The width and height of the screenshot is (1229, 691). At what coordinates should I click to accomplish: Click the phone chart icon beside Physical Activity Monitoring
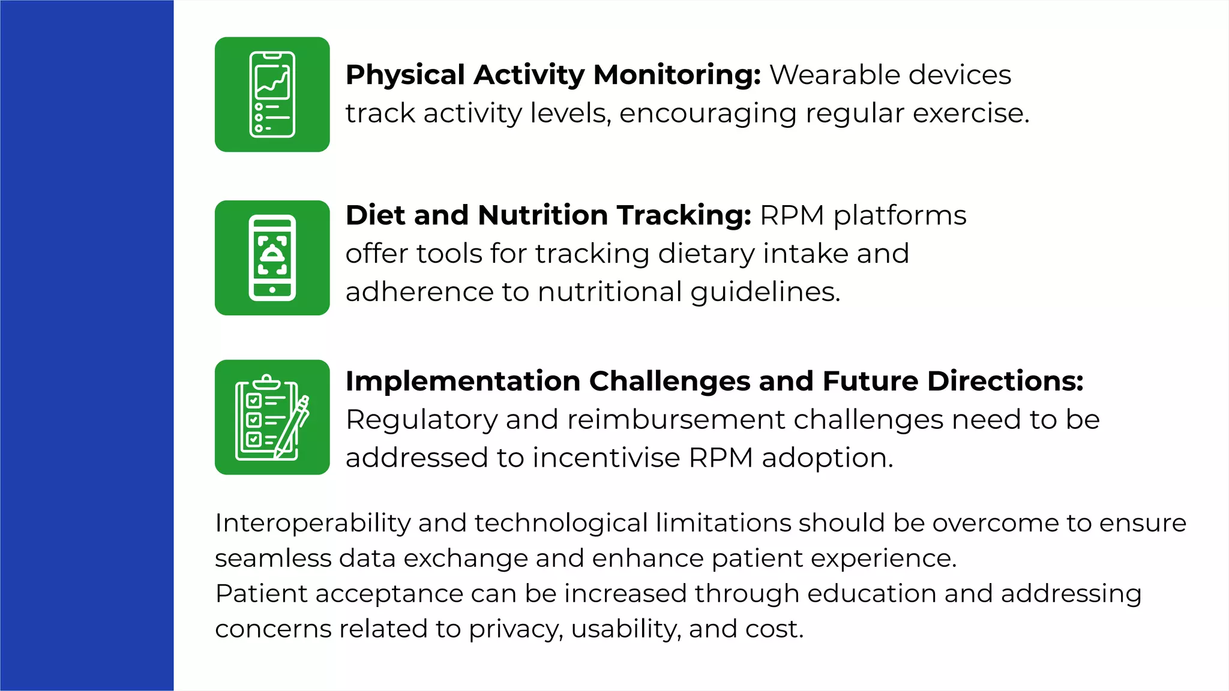click(272, 94)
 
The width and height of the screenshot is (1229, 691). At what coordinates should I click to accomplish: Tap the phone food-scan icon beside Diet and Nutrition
click(272, 257)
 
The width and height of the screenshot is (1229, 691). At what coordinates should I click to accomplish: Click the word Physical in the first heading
click(405, 76)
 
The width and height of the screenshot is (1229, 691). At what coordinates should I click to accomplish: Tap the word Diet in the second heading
click(375, 215)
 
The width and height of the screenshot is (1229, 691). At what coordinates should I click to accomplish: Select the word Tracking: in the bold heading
click(684, 216)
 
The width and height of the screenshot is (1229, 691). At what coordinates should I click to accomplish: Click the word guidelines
click(765, 293)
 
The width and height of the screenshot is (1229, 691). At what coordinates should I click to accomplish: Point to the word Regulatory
click(421, 420)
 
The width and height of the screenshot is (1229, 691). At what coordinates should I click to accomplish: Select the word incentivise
click(605, 458)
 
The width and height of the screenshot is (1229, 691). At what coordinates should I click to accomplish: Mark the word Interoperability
click(312, 523)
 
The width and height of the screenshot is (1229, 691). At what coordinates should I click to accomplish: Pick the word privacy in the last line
click(515, 630)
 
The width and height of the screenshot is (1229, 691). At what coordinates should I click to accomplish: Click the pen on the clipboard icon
click(294, 427)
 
